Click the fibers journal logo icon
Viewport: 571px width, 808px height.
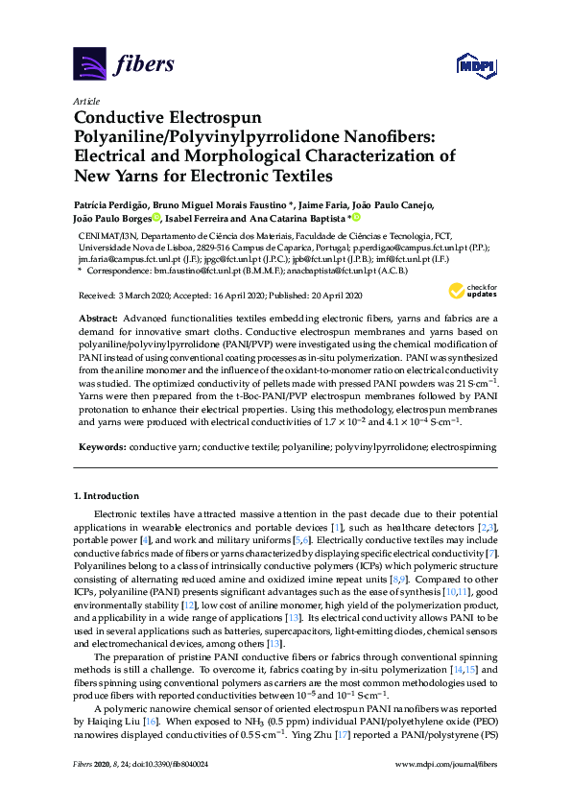click(x=89, y=64)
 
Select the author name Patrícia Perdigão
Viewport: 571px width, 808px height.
click(x=111, y=204)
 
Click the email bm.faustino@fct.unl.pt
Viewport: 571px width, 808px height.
click(x=191, y=272)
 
